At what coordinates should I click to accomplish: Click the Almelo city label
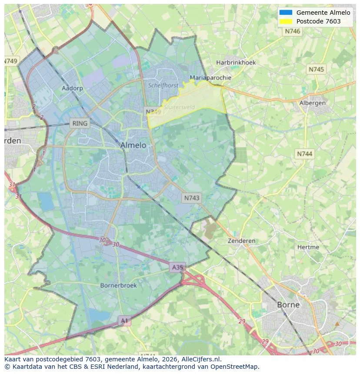[x=133, y=145]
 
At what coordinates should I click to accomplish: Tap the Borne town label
[x=288, y=304]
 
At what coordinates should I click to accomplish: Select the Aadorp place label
[x=72, y=88]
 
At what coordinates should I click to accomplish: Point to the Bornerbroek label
[x=118, y=285]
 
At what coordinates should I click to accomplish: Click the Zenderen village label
[x=242, y=241]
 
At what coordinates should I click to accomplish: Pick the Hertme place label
[x=308, y=247]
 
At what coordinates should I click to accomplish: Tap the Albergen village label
[x=312, y=103]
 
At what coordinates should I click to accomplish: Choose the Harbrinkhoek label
[x=236, y=63]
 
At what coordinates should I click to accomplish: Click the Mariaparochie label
[x=210, y=78]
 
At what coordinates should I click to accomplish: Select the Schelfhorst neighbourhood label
[x=163, y=86]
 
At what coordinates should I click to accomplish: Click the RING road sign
[x=80, y=123]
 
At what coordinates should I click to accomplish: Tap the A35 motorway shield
[x=177, y=267]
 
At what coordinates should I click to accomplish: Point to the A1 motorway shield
[x=124, y=321]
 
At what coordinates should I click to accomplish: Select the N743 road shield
[x=192, y=198]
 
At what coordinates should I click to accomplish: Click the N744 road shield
[x=304, y=154]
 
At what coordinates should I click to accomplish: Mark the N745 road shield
[x=316, y=70]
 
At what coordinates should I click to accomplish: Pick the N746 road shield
[x=293, y=31]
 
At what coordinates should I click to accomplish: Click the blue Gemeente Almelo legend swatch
[x=286, y=13]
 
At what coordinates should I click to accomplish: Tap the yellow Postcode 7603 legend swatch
[x=286, y=21]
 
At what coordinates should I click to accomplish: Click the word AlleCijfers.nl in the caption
[x=201, y=359]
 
